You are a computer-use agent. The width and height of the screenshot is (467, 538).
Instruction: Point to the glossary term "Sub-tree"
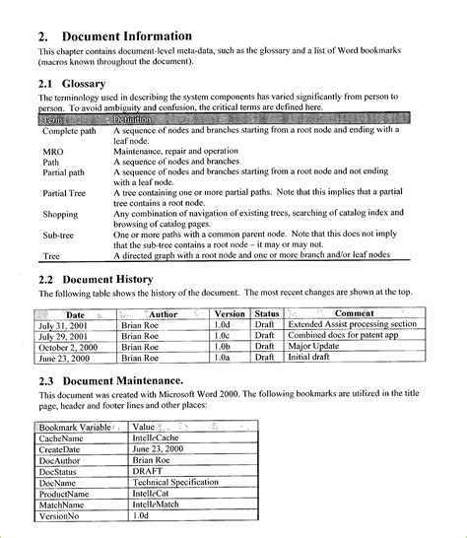(59, 236)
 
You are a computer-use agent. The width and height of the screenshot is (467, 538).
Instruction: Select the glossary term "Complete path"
(69, 130)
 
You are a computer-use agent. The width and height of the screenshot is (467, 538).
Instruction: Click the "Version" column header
(229, 313)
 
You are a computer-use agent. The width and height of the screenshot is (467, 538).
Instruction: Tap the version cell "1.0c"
(223, 336)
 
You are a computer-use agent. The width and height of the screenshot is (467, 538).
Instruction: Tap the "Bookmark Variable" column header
(75, 428)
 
